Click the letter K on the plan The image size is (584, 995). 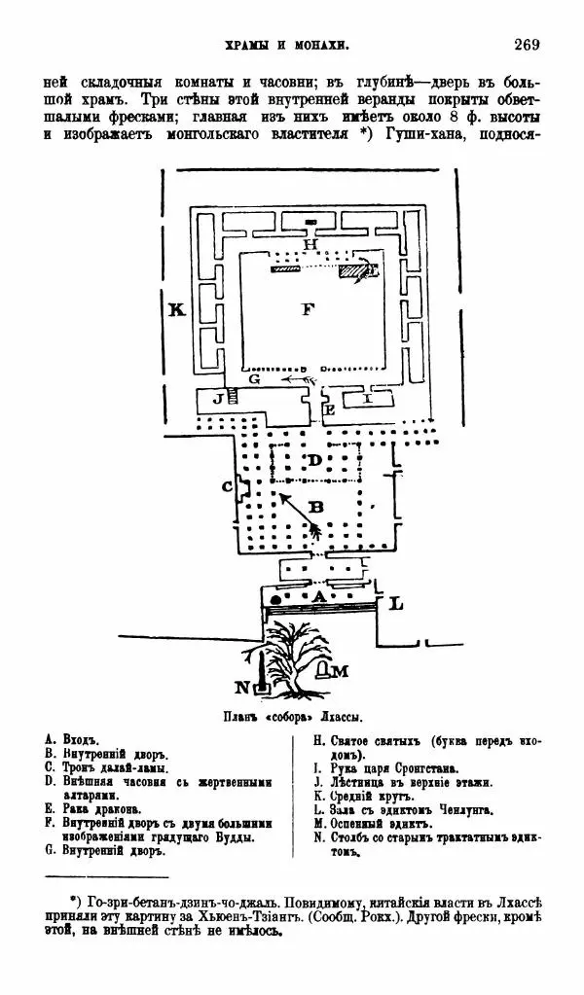coord(176,310)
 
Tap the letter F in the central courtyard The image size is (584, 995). coord(309,309)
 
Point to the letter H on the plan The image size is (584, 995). coord(310,244)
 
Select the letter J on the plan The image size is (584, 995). coord(218,398)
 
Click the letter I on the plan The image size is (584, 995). coord(367,398)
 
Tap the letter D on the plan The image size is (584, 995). coord(314,459)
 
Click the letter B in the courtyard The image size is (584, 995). coord(315,506)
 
